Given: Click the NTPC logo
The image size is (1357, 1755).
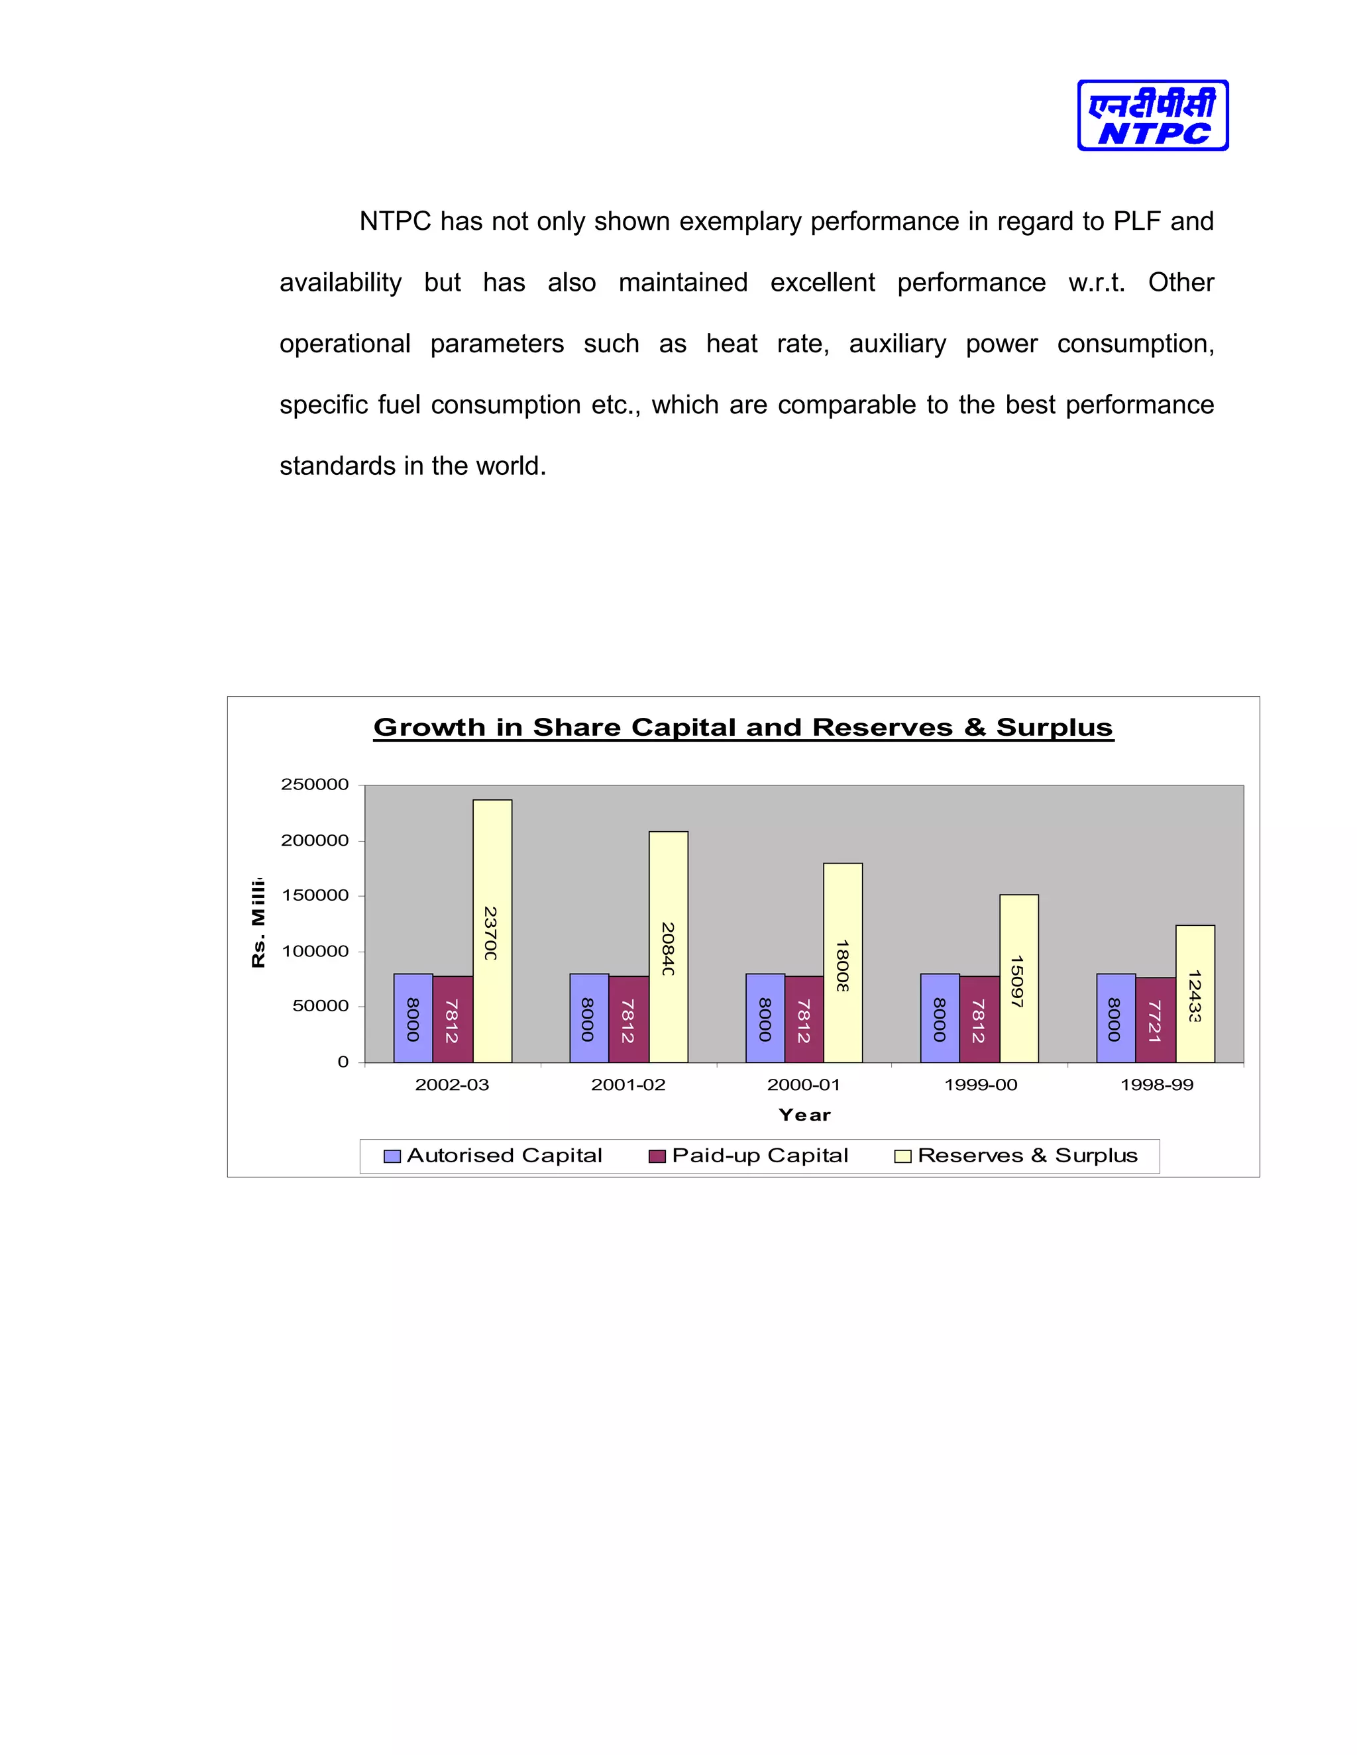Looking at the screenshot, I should coord(1152,116).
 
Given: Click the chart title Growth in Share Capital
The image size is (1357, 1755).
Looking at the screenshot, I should coord(743,727).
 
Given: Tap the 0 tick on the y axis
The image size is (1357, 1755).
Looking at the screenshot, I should coord(343,1062).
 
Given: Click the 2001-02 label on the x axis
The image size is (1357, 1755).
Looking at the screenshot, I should coord(628,1085).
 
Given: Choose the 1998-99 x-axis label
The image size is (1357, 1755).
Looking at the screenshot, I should coord(1156,1085).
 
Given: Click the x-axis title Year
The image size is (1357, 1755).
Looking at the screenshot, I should coord(804,1115).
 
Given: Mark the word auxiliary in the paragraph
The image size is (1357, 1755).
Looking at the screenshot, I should coord(897,344).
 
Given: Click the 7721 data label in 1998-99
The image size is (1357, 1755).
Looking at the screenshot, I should coord(1154,1021).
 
